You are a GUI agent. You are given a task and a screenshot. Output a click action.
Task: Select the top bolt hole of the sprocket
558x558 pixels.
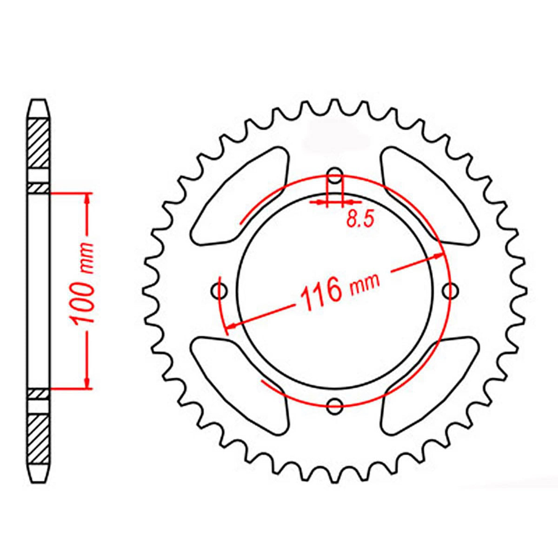pyautogui.click(x=334, y=177)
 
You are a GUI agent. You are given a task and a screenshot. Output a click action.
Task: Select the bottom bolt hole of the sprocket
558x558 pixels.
pyautogui.click(x=334, y=405)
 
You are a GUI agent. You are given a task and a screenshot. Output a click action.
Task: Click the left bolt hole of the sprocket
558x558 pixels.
pyautogui.click(x=219, y=292)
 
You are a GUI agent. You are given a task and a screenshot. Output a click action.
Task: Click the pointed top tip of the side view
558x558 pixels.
pyautogui.click(x=39, y=100)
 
